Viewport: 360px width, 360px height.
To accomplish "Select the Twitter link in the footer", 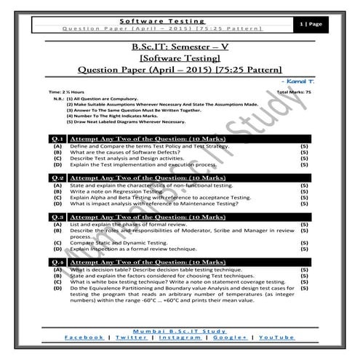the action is (x=130, y=338).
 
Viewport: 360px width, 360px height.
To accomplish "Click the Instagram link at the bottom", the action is (x=181, y=338).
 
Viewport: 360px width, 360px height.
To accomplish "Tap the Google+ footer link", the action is (x=230, y=338).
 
